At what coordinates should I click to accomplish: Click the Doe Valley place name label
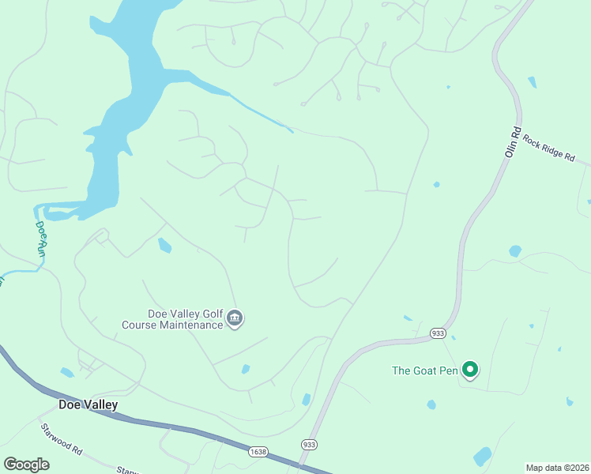(88, 405)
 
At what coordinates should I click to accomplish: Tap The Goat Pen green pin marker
(470, 370)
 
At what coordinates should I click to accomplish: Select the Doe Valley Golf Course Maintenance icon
(235, 318)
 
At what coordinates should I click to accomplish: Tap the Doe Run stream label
(42, 237)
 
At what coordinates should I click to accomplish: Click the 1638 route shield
(258, 451)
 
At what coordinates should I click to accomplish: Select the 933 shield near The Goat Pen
(439, 333)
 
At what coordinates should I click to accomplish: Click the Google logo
(26, 465)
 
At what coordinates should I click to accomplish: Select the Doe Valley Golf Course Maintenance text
(171, 319)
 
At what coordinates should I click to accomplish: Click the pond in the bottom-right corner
(482, 456)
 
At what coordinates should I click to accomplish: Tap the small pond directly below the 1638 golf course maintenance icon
(246, 369)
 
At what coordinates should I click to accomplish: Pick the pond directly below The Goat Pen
(431, 404)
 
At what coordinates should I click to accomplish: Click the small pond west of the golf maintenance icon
(164, 245)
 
